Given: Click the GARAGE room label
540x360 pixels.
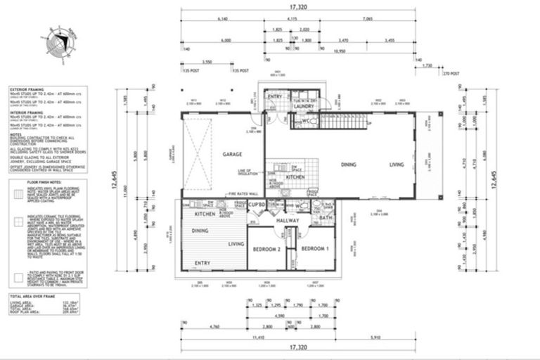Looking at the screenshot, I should pos(233,153).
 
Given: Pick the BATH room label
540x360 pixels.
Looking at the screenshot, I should pos(325,219).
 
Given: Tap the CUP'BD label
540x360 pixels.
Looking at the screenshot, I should pos(256,205).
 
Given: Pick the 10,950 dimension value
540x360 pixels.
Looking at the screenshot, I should pos(341,51).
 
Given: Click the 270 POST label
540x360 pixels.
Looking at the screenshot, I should pos(450,71).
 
